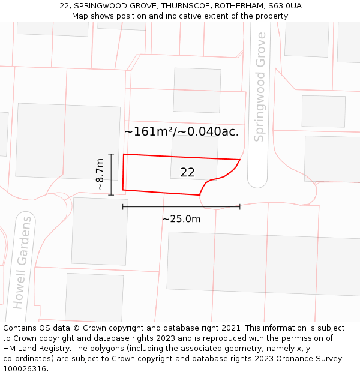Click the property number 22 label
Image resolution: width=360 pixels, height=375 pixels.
point(187,173)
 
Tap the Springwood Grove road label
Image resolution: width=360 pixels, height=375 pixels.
point(260,87)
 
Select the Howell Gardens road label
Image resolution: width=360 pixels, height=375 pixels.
point(22,262)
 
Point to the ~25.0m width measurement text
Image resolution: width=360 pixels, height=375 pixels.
point(181,219)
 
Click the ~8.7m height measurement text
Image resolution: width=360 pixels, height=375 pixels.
point(100,174)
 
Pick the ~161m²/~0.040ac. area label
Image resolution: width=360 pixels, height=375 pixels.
point(181,131)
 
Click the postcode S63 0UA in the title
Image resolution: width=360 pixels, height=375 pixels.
point(284,6)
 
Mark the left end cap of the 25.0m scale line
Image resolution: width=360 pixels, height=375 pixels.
point(123,206)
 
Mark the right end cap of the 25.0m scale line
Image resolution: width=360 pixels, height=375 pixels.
point(240,206)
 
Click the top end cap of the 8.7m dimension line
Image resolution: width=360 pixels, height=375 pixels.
point(111,154)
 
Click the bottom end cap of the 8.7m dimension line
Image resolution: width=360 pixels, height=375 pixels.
point(111,195)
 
